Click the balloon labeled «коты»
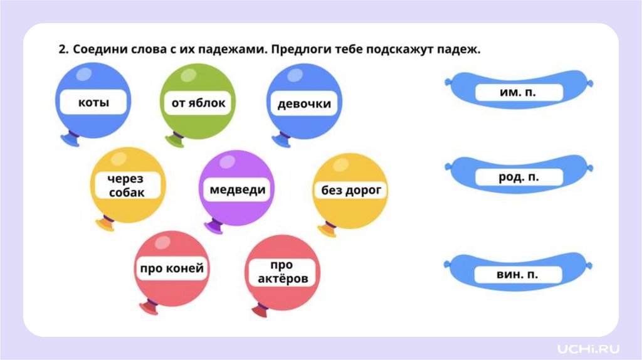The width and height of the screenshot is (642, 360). point(93,102)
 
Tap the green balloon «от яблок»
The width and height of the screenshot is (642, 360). point(194,102)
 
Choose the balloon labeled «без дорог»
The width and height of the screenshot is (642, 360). point(350,190)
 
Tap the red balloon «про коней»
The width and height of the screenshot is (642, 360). point(171,269)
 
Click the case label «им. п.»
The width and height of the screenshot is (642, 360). point(518,93)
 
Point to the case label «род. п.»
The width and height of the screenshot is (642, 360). point(518,177)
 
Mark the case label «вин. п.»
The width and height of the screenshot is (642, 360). point(518,274)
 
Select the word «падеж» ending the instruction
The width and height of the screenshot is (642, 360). point(460,50)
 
